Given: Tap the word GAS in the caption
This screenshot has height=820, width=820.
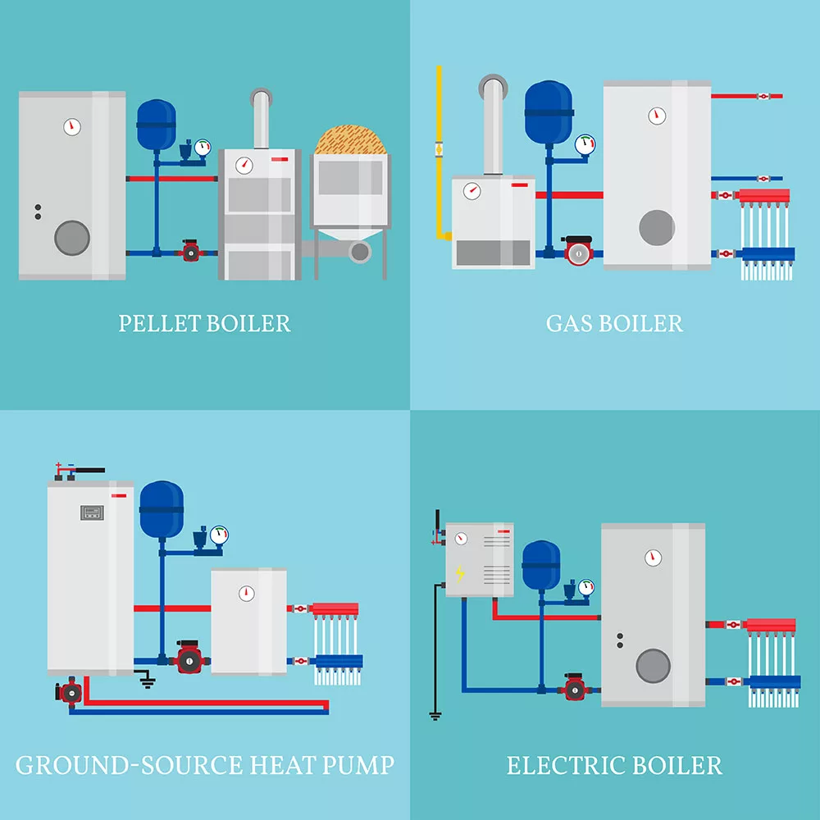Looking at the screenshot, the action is click(570, 323).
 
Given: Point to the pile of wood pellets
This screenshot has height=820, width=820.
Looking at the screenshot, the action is click(350, 139).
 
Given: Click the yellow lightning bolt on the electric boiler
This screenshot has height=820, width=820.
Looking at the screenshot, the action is click(460, 573).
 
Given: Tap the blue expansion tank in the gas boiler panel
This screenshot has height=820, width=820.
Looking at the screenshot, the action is click(549, 112).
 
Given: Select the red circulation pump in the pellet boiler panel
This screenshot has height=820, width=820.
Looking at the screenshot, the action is click(190, 251).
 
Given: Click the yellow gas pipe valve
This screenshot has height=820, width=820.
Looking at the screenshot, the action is click(439, 149).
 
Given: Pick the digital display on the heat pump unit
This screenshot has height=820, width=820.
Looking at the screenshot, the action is click(92, 512).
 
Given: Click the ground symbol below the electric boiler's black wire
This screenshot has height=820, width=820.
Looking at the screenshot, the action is click(435, 715).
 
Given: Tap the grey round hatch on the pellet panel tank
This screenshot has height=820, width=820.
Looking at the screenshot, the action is click(72, 238).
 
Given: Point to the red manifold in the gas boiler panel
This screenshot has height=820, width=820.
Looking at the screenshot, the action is click(763, 196).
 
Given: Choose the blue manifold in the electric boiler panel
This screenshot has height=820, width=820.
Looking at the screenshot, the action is click(772, 682).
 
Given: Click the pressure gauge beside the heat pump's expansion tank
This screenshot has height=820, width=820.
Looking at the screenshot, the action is click(219, 535).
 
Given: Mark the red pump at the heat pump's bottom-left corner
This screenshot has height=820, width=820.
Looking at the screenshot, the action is click(70, 692).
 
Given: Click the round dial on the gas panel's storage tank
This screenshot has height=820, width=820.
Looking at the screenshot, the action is click(657, 116).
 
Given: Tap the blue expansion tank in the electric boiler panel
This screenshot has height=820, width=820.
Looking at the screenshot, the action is click(541, 566).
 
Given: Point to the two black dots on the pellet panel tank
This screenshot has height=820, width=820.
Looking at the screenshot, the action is click(38, 212).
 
